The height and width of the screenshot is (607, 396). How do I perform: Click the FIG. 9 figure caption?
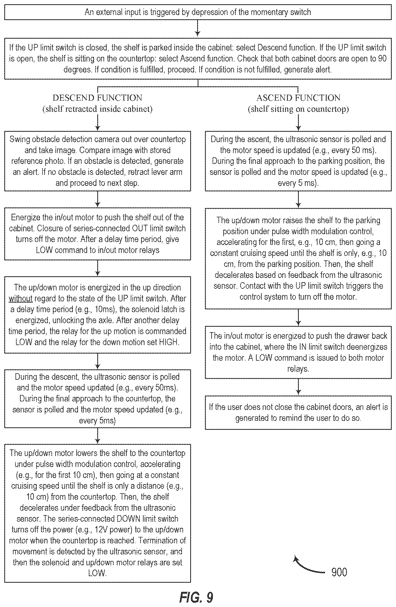click(196, 597)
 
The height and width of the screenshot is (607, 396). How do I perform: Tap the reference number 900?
click(339, 572)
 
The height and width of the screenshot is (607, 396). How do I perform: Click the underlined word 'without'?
click(21, 298)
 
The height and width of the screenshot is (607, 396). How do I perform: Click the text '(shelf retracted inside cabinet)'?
click(98, 109)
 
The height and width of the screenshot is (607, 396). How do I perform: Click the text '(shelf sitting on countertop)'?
click(298, 109)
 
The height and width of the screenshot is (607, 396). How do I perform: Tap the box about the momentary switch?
click(198, 12)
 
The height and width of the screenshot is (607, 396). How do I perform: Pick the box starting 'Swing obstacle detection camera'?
click(98, 161)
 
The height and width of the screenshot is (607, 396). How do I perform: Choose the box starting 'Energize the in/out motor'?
click(98, 234)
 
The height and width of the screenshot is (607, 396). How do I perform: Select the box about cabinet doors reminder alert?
click(298, 412)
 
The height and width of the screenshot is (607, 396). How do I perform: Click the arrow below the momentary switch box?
click(198, 28)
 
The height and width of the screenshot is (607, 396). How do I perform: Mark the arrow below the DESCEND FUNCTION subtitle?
click(98, 122)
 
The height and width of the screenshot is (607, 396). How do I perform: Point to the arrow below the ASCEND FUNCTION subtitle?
click(298, 122)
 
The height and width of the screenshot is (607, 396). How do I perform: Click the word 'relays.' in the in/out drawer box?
click(298, 369)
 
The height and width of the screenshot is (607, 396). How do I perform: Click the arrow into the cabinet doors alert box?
click(298, 387)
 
